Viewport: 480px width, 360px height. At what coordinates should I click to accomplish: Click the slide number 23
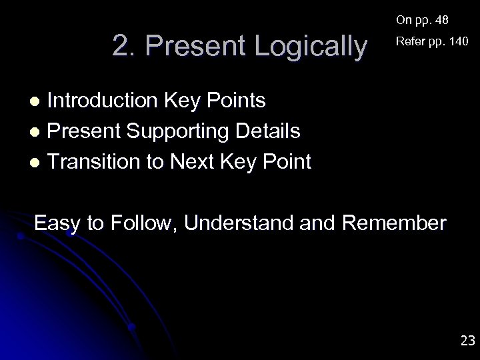[467, 341]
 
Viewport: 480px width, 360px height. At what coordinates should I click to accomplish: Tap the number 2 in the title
[121, 47]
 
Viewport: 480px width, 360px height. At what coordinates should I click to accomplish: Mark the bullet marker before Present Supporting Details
[37, 132]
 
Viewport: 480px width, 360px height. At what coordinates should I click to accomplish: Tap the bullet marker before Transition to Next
[37, 162]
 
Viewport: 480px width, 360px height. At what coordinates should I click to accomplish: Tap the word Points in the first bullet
[237, 101]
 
